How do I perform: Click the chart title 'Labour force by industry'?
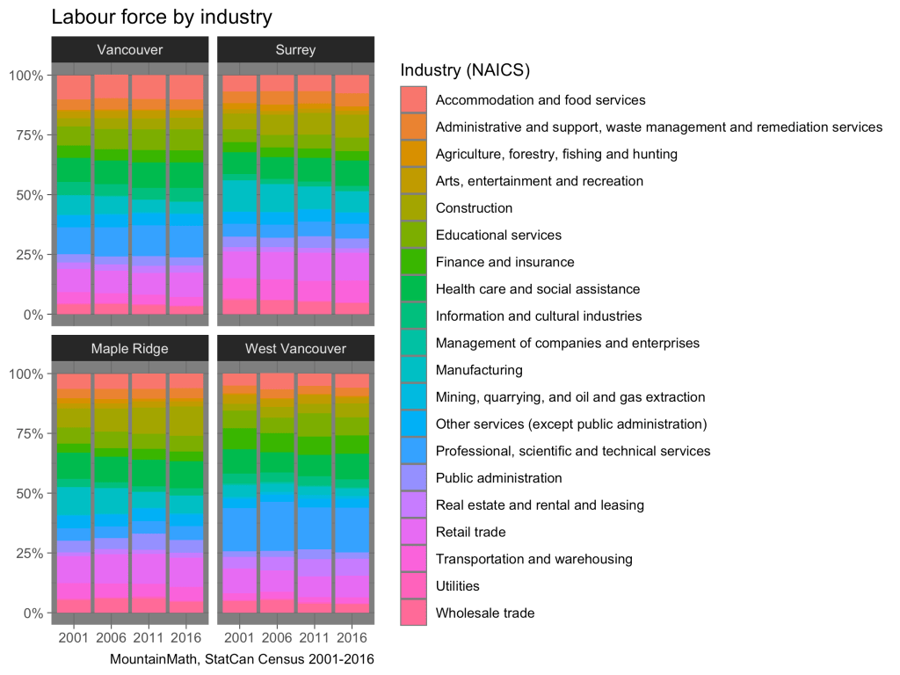click(x=162, y=17)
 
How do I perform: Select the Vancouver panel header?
click(x=130, y=50)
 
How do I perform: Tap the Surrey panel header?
click(x=295, y=50)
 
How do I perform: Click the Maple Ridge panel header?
click(x=130, y=349)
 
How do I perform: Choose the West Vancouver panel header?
click(x=295, y=349)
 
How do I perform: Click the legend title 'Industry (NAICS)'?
click(x=465, y=69)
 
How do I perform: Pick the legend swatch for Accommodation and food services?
click(x=413, y=100)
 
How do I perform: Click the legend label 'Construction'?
click(x=474, y=208)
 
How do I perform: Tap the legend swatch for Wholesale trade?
click(x=413, y=613)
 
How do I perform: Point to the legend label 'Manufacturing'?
click(x=479, y=370)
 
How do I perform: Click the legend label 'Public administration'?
click(x=498, y=478)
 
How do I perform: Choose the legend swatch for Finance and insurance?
click(x=413, y=262)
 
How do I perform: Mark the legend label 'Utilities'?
click(x=458, y=586)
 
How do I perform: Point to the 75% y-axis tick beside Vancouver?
click(x=25, y=135)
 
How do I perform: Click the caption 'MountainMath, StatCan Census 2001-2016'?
click(x=243, y=658)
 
